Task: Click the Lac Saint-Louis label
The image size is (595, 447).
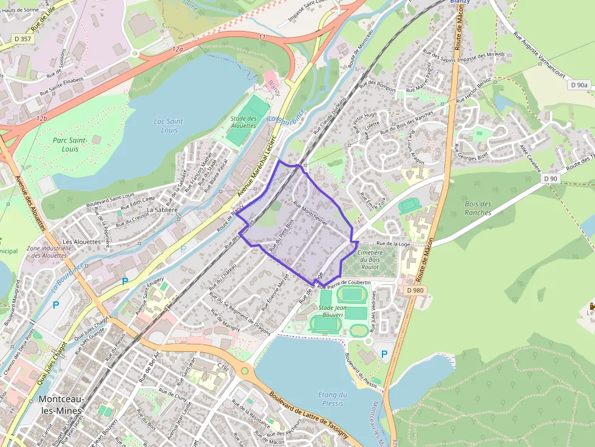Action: pyautogui.click(x=169, y=126)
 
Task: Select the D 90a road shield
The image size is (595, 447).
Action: pyautogui.click(x=580, y=86)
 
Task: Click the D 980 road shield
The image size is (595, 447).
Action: pyautogui.click(x=416, y=290)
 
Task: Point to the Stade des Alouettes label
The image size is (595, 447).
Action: pyautogui.click(x=243, y=122)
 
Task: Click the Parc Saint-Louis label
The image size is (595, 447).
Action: pyautogui.click(x=70, y=144)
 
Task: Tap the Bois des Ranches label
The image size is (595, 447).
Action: pyautogui.click(x=478, y=208)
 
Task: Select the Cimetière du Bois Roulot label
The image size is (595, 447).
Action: pyautogui.click(x=370, y=259)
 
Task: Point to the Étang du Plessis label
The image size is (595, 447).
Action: pyautogui.click(x=333, y=398)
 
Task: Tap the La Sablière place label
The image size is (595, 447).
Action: pyautogui.click(x=161, y=210)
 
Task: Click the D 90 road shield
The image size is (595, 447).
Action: pyautogui.click(x=551, y=178)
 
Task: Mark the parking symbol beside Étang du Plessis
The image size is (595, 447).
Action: pyautogui.click(x=384, y=353)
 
